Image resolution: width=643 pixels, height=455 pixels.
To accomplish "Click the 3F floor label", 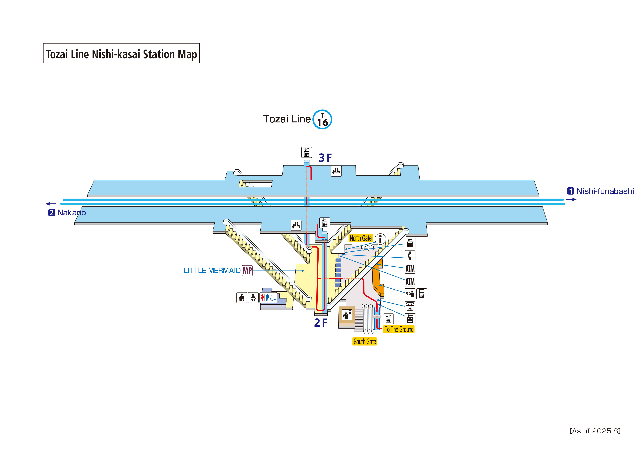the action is [325, 158].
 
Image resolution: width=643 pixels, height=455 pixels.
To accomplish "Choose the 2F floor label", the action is [321, 323].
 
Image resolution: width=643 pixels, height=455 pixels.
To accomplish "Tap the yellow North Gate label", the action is [361, 238].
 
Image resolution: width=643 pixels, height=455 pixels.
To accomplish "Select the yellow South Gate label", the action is [365, 341].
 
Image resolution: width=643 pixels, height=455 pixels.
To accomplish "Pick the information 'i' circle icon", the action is [380, 239].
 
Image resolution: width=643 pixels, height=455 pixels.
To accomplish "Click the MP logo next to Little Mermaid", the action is [247, 270].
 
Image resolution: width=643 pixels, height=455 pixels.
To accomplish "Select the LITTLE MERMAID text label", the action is [212, 270].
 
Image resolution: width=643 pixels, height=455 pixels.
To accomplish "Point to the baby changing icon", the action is [253, 297].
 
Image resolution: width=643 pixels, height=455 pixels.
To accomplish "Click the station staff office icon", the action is [347, 315].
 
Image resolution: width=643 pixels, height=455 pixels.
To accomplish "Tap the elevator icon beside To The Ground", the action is [388, 319].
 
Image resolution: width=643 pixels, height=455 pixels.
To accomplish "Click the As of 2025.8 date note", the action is [595, 431].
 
